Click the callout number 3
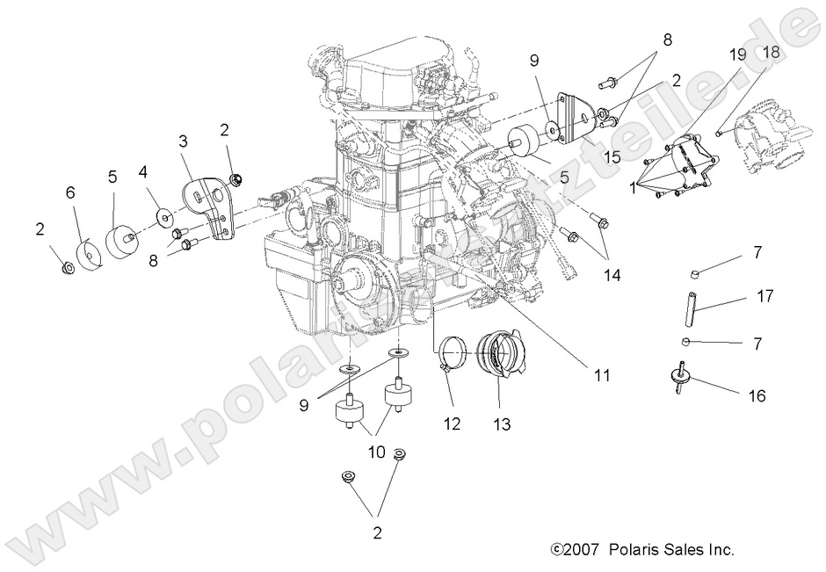click(183, 141)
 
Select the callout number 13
click(503, 424)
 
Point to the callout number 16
click(756, 396)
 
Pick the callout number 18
click(770, 53)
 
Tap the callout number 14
click(612, 275)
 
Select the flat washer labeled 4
click(164, 215)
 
